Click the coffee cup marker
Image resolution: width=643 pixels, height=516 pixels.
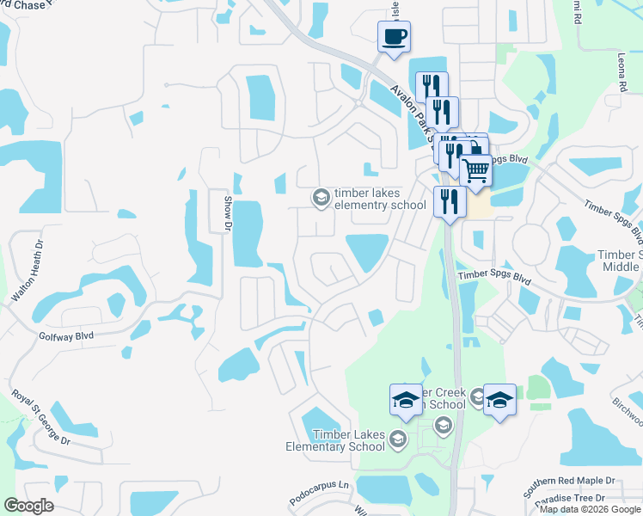click(394, 37)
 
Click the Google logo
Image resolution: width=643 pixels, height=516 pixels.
click(28, 506)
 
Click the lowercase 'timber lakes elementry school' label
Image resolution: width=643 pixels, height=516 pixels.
click(380, 199)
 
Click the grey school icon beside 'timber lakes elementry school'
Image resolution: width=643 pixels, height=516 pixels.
click(321, 199)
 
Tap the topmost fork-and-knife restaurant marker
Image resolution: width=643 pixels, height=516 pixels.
click(432, 86)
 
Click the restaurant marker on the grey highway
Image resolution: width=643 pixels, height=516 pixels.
click(450, 201)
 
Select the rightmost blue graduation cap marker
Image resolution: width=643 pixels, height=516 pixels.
click(499, 400)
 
